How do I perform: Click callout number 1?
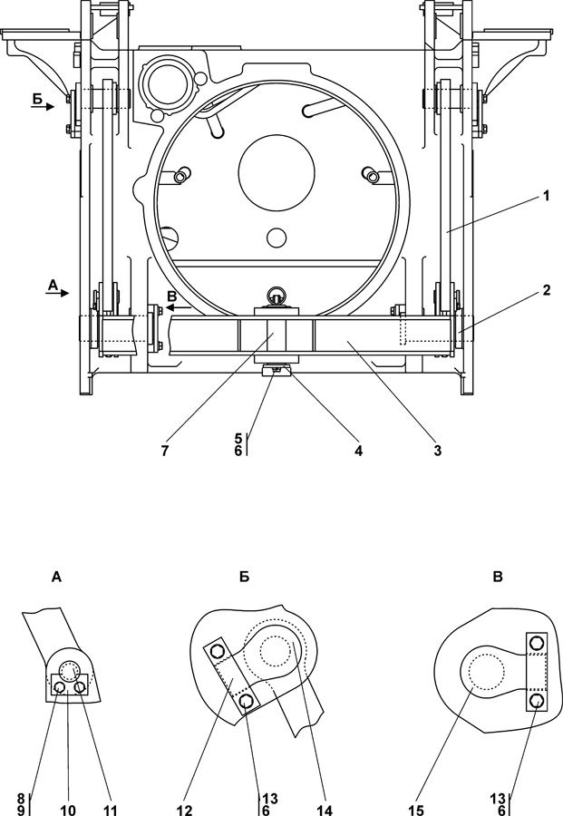click(x=546, y=196)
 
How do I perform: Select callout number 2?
click(x=546, y=290)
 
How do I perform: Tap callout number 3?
click(x=438, y=451)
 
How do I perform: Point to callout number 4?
click(x=358, y=451)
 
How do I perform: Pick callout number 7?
click(x=165, y=451)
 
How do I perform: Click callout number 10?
click(x=68, y=810)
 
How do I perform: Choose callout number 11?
click(x=110, y=810)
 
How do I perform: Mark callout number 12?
click(x=185, y=810)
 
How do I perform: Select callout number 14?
click(x=325, y=810)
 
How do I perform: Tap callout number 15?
click(x=416, y=810)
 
